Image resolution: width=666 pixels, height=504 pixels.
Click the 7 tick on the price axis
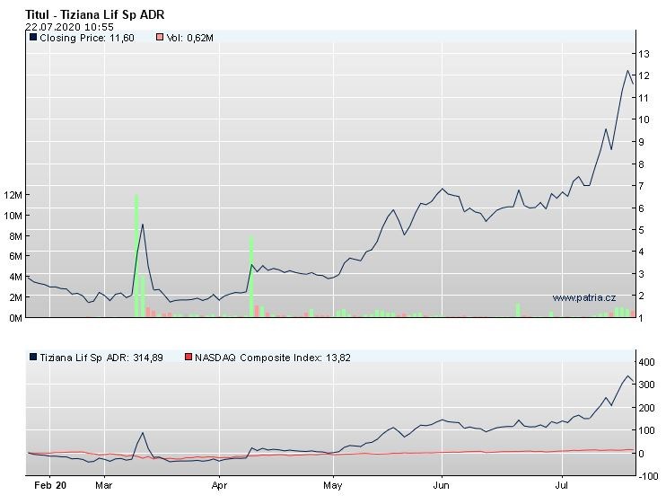coord(644,186)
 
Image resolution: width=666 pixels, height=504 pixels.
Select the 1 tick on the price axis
coord(644,318)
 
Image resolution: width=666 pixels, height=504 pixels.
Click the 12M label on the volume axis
coord(13,195)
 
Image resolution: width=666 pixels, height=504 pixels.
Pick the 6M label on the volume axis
coord(13,256)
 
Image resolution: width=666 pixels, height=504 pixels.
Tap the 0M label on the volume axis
coord(13,317)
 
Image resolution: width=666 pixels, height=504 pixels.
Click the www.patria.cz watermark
coord(583,297)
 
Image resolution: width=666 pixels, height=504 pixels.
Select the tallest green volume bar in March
coord(136,255)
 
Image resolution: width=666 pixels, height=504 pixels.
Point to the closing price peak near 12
coord(627,70)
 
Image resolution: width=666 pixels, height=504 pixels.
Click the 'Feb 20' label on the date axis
coord(49,485)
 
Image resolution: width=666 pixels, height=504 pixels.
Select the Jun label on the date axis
coord(442,485)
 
